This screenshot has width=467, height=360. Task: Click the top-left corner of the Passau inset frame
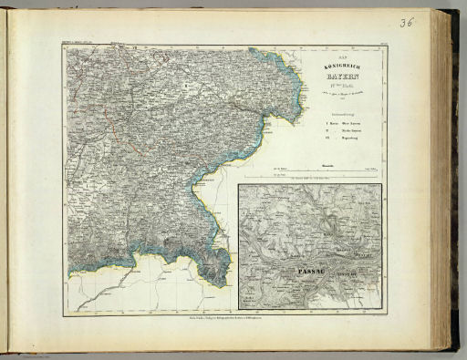click(x=238, y=185)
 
